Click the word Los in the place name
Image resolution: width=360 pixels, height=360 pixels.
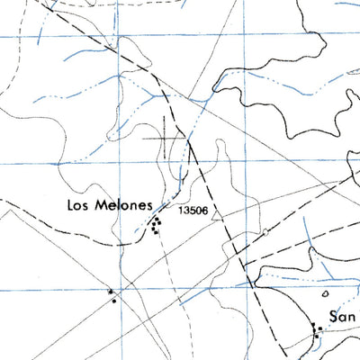[78, 204]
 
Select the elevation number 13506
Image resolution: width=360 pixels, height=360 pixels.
[194, 211]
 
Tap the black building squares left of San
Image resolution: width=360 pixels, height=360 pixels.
[317, 329]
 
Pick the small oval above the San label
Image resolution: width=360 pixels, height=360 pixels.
[327, 293]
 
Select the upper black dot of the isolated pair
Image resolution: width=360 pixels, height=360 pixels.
[110, 292]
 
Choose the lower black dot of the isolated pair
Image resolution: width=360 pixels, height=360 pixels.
[114, 300]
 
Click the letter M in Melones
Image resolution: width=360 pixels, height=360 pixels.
[98, 204]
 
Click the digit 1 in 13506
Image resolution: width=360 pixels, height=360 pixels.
[181, 211]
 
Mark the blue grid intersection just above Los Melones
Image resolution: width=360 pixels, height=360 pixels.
[120, 165]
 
